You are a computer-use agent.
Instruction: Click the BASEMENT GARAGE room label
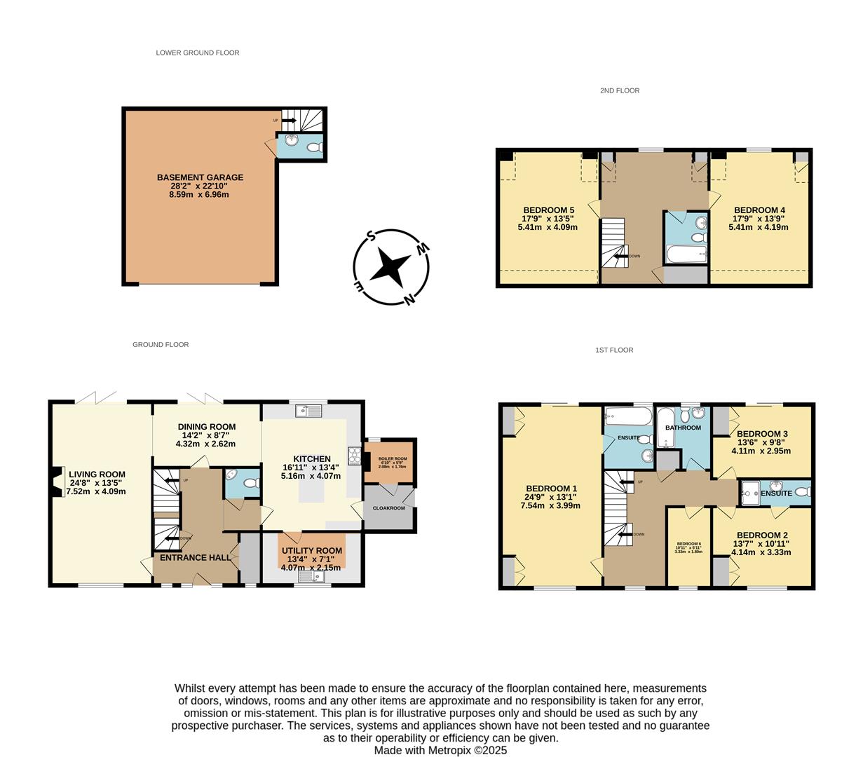tap(200, 177)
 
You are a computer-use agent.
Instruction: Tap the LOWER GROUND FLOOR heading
tap(198, 53)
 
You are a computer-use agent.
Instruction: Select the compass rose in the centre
tap(390, 267)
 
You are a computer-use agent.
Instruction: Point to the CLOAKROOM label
tap(388, 507)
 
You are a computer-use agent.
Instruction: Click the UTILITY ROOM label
tap(312, 551)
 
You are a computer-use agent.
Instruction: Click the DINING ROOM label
tap(206, 427)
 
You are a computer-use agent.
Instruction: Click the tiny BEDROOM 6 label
tap(688, 544)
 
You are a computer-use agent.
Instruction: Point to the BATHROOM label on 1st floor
tap(683, 428)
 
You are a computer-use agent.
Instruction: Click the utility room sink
tap(308, 577)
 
